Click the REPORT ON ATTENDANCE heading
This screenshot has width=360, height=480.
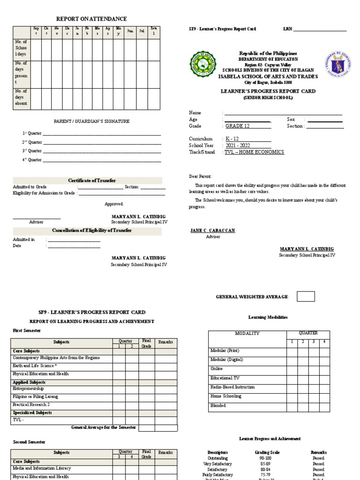click(91, 19)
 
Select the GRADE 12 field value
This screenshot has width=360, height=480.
click(240, 126)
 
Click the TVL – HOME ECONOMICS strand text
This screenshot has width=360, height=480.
click(254, 152)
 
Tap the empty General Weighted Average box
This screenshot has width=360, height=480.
click(306, 296)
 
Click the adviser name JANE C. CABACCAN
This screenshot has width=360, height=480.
click(212, 231)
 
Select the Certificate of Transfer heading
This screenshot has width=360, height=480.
click(92, 180)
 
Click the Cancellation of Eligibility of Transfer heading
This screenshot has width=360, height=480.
click(92, 230)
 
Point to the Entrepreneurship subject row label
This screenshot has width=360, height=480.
click(28, 389)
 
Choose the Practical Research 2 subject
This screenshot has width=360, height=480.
click(31, 404)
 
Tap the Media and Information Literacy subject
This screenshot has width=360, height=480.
click(42, 468)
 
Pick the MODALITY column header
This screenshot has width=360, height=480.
click(247, 333)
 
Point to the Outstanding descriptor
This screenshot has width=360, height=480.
click(217, 458)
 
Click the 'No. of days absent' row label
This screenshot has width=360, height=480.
click(21, 97)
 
